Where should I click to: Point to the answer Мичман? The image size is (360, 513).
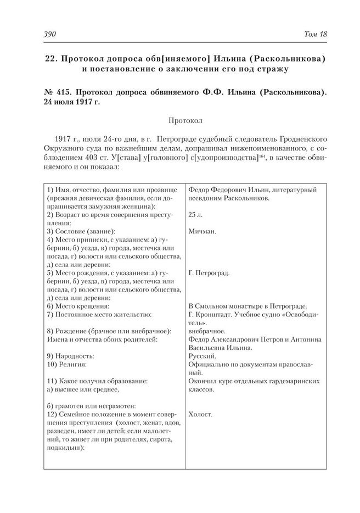coord(201,231)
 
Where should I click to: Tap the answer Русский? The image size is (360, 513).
coord(201,355)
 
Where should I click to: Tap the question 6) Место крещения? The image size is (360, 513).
coord(78,306)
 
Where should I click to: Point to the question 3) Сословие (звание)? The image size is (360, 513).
coord(81,231)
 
